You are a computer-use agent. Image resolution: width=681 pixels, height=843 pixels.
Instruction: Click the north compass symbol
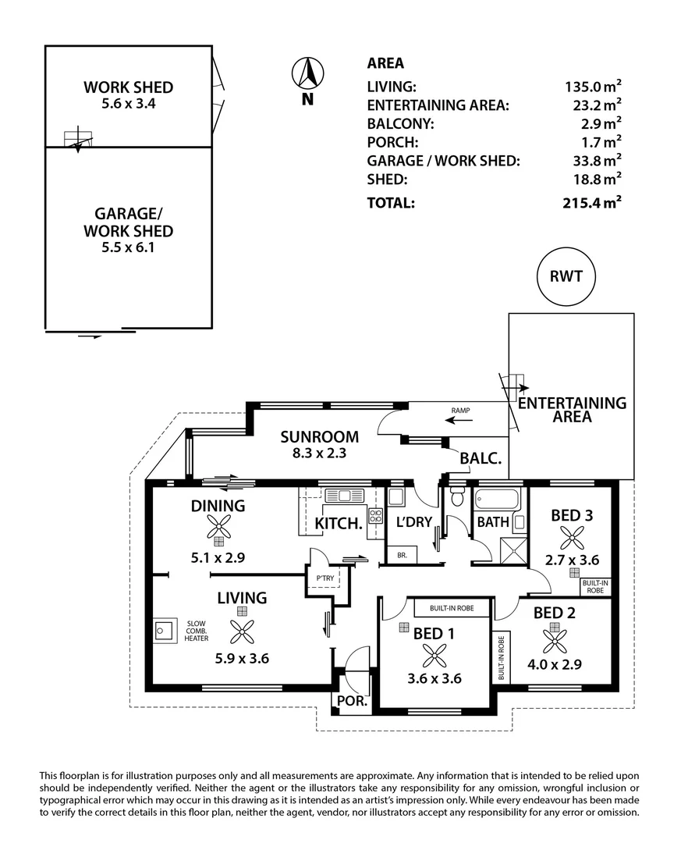[x=307, y=75]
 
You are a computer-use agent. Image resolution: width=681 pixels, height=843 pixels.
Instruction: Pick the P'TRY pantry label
[x=324, y=578]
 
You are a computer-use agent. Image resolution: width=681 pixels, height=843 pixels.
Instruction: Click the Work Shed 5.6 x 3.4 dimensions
[x=129, y=102]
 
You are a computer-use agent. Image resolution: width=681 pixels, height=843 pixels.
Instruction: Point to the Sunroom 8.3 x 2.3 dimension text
[x=320, y=453]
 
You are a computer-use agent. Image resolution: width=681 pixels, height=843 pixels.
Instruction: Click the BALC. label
[x=480, y=459]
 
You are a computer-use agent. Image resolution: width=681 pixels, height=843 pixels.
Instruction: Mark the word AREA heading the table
[x=385, y=63]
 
